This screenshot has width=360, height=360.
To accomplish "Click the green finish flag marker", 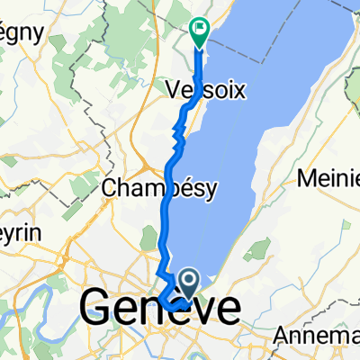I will tap(199, 31).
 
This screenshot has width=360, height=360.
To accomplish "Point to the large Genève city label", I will tap(160, 310).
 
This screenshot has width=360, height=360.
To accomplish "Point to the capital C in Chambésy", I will tap(111, 188).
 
